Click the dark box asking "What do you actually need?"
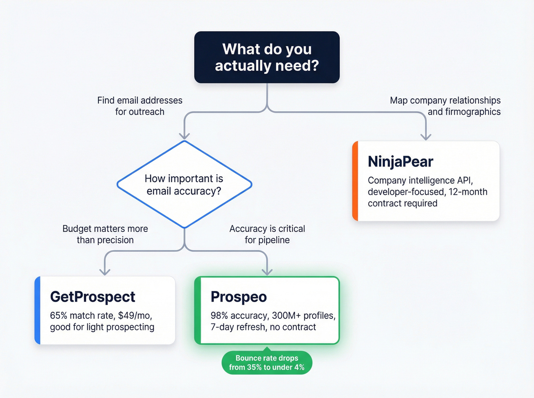click(x=267, y=57)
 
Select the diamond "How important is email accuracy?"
click(x=184, y=184)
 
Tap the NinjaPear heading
click(x=400, y=161)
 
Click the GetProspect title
click(x=93, y=297)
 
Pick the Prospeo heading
click(x=239, y=297)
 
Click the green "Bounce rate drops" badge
click(x=267, y=363)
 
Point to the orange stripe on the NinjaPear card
click(x=355, y=181)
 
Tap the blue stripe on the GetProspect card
click(x=37, y=310)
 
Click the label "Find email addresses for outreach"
click(x=140, y=106)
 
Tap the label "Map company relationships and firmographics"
click(x=445, y=106)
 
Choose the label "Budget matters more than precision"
click(x=105, y=234)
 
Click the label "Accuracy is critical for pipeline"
click(x=267, y=234)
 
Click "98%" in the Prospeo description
click(x=219, y=316)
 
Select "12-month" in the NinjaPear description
click(x=468, y=192)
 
